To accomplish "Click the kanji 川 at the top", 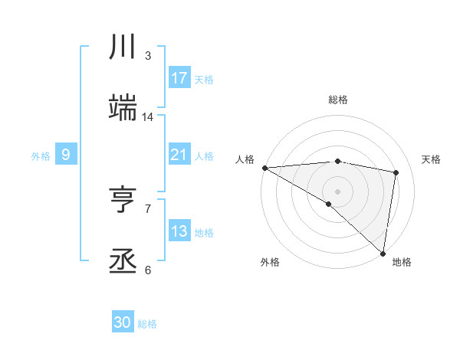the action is pyautogui.click(x=123, y=47).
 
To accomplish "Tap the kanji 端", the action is pyautogui.click(x=123, y=108).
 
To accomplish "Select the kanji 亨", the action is pyautogui.click(x=123, y=201).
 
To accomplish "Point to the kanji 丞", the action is pyautogui.click(x=123, y=262).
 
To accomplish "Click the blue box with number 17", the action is pyautogui.click(x=179, y=78).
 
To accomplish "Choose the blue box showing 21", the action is pyautogui.click(x=179, y=155).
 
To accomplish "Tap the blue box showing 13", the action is pyautogui.click(x=179, y=231).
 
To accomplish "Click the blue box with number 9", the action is pyautogui.click(x=66, y=155).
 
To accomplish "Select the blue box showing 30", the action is pyautogui.click(x=123, y=322).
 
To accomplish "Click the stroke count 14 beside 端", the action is pyautogui.click(x=148, y=117).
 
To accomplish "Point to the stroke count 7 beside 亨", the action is pyautogui.click(x=148, y=208).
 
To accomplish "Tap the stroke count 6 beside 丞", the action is pyautogui.click(x=148, y=270).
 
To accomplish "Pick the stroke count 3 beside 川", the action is pyautogui.click(x=148, y=56).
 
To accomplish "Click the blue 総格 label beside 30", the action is pyautogui.click(x=147, y=324).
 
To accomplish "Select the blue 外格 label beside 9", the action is pyautogui.click(x=41, y=156).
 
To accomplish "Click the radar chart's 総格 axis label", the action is pyautogui.click(x=337, y=100).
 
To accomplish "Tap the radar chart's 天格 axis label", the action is pyautogui.click(x=432, y=159).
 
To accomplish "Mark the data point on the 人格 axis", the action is pyautogui.click(x=264, y=168).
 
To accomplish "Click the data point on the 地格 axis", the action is pyautogui.click(x=383, y=254).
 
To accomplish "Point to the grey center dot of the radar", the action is pyautogui.click(x=337, y=191).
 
